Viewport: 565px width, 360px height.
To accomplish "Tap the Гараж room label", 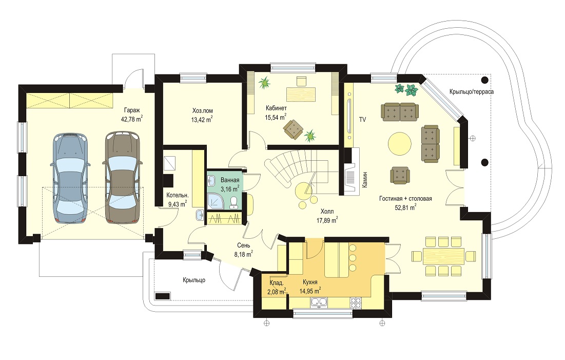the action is [x=132, y=110].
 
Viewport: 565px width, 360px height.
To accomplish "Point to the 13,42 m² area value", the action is [x=202, y=119].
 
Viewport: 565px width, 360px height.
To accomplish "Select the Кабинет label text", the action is [x=277, y=108].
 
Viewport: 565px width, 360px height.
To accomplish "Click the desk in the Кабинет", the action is [x=300, y=94].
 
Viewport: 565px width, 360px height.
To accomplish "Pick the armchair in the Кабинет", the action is [x=293, y=129].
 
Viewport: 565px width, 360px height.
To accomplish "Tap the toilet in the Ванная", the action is [x=233, y=203].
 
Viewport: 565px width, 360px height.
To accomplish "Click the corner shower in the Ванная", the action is [x=216, y=201].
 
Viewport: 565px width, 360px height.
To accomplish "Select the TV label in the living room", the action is [x=362, y=119].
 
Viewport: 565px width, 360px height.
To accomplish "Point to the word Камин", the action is [x=365, y=179].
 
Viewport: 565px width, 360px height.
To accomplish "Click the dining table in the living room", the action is [x=444, y=256].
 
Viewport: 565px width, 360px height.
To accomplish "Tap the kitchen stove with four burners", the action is [x=356, y=302].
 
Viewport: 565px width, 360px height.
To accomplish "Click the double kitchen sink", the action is [x=319, y=302].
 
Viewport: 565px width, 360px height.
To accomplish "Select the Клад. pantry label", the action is [x=277, y=283].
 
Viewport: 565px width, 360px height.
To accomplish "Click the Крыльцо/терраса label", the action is [x=472, y=91].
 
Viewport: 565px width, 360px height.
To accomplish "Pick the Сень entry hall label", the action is [x=244, y=245].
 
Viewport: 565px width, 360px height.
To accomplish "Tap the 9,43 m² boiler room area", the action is [x=177, y=204].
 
